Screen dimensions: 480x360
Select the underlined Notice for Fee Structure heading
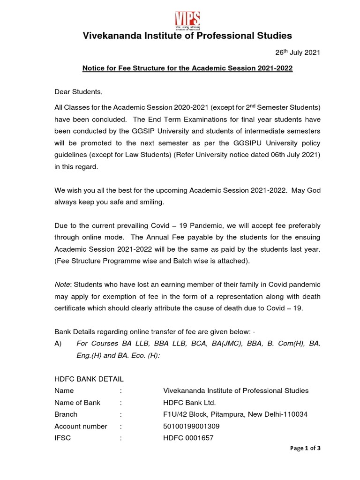187,68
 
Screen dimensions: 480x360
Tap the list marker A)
59,343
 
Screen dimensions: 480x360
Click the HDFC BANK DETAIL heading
89,379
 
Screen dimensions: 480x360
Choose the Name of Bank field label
77,403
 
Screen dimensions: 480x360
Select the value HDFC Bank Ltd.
190,403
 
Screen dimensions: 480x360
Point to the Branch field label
66,414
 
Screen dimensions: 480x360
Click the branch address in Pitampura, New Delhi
235,414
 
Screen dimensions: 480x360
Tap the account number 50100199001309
191,427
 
